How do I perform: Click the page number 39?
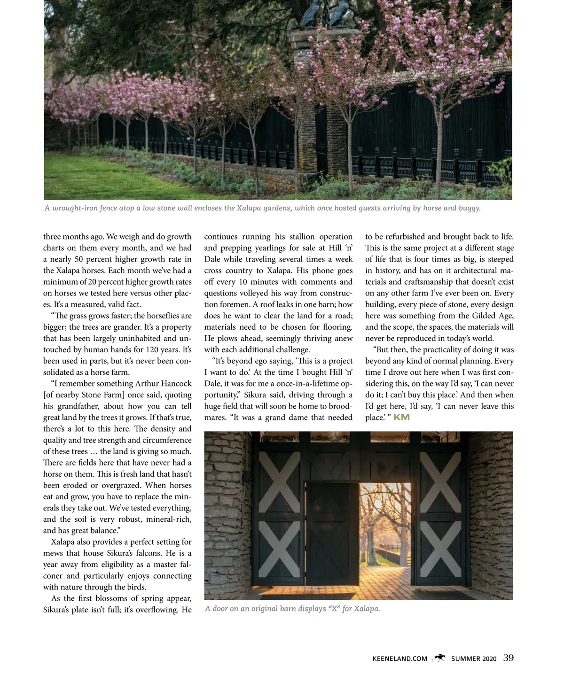click(x=508, y=658)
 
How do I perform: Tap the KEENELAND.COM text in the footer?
click(x=399, y=659)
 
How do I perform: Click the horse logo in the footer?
click(x=439, y=658)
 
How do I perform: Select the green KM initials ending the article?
click(x=401, y=417)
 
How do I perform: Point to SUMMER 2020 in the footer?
click(x=474, y=659)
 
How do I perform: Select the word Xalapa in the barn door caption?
click(x=366, y=609)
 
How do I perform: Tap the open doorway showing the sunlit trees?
click(x=385, y=526)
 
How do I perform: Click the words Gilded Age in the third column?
click(x=492, y=316)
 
